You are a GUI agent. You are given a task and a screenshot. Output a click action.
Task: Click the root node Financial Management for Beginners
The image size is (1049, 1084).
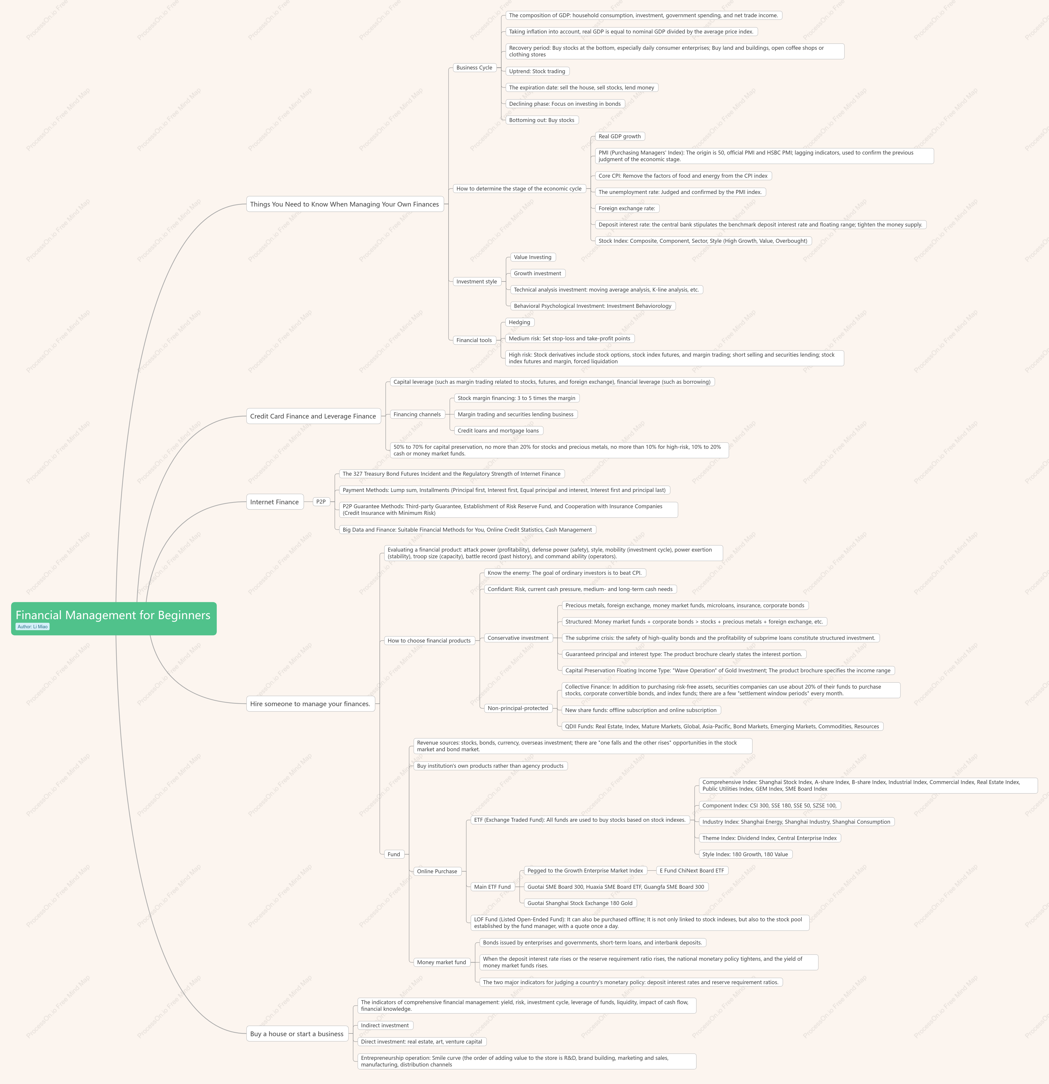(113, 618)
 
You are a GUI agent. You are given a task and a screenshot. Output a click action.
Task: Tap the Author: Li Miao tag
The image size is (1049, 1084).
(33, 627)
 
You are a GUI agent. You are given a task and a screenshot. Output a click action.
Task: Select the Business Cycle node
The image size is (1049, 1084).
(474, 68)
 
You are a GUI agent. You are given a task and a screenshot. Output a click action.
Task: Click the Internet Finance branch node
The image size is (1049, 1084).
(274, 502)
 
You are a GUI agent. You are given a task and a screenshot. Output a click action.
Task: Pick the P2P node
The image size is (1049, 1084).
(321, 502)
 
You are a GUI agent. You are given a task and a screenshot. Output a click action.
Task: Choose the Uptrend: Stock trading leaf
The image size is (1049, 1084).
(537, 71)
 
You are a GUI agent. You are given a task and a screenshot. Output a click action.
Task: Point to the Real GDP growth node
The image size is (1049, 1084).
(620, 137)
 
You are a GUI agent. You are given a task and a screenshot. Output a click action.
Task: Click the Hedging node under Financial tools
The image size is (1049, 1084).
(520, 322)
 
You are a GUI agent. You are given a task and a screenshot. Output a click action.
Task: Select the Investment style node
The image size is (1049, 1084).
(476, 281)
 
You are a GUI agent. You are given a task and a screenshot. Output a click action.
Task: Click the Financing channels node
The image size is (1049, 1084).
(417, 414)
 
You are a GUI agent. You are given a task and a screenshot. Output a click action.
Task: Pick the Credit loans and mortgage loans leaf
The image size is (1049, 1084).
(498, 431)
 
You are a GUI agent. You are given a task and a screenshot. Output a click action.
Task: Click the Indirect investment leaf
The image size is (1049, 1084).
(384, 1025)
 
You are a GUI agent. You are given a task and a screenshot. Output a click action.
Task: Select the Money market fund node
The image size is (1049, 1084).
(441, 962)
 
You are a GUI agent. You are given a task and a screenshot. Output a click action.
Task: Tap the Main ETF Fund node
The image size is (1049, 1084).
(492, 887)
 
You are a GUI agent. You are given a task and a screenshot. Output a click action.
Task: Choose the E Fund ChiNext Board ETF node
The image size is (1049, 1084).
(692, 871)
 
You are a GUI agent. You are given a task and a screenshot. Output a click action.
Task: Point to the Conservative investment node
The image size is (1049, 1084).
(518, 638)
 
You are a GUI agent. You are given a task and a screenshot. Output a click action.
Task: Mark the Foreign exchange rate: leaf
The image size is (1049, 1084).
(627, 209)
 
